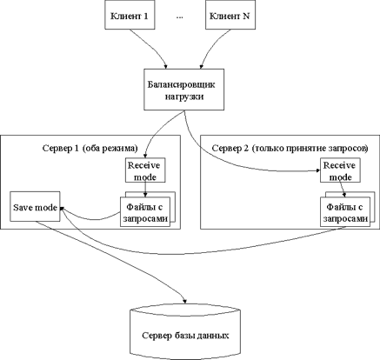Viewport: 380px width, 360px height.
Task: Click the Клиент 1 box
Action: click(130, 15)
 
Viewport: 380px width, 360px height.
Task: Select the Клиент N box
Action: click(230, 15)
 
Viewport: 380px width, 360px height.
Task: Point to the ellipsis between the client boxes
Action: click(179, 17)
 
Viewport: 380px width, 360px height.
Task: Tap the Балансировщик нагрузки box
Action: click(184, 90)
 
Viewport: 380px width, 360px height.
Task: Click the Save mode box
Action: click(35, 206)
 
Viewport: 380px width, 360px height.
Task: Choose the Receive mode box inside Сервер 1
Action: click(145, 170)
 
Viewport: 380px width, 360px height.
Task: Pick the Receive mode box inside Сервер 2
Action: click(340, 170)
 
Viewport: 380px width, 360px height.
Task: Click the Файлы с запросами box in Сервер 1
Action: click(145, 212)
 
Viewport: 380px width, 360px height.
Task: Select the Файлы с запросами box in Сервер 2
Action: click(345, 212)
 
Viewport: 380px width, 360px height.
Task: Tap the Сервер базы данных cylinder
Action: click(184, 332)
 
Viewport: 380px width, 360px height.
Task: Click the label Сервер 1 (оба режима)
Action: click(90, 149)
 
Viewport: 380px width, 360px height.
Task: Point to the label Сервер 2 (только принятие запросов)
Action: click(290, 149)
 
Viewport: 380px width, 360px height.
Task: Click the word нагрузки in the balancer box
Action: click(184, 97)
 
